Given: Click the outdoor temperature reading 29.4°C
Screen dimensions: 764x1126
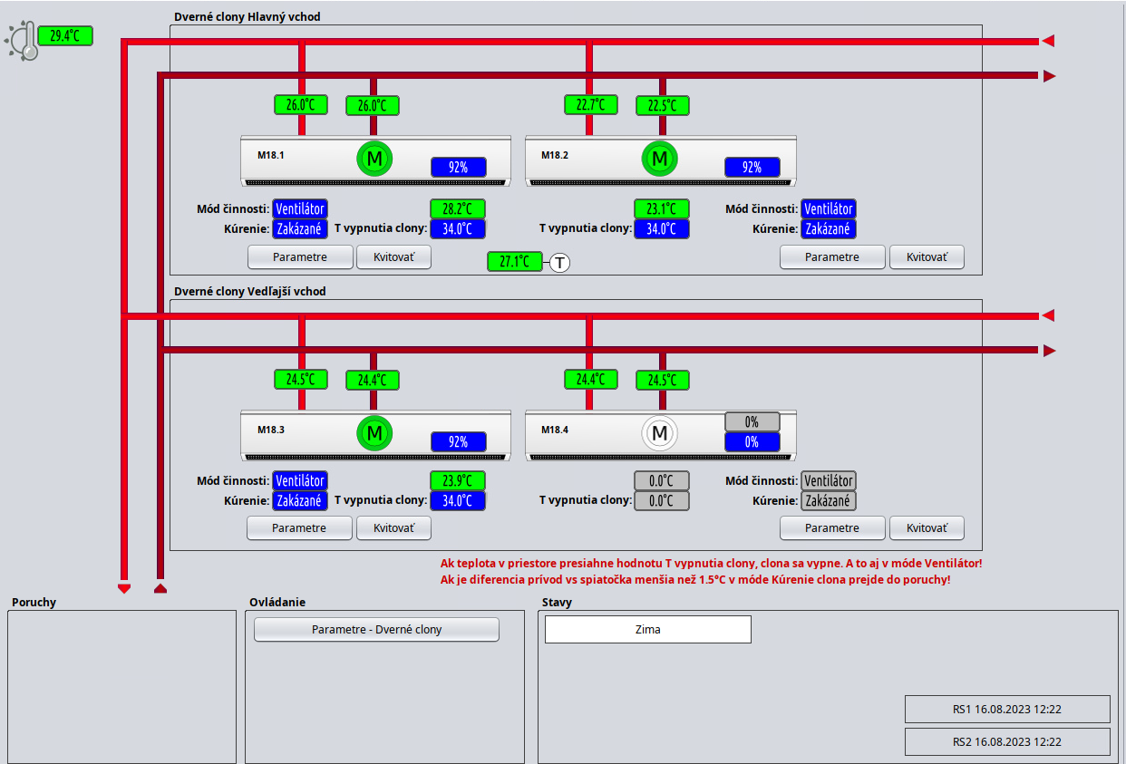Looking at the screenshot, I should click(x=64, y=36).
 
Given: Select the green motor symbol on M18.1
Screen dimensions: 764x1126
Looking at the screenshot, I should click(x=374, y=160).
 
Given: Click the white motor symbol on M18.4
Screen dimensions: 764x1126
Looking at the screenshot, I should click(x=659, y=433).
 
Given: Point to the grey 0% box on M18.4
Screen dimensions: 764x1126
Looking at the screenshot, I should click(x=752, y=422).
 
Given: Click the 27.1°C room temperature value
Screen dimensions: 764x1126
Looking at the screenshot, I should click(x=514, y=262).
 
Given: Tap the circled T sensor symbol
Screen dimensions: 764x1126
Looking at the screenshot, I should click(x=560, y=263).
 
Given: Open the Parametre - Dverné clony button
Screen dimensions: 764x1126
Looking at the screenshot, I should click(x=376, y=629).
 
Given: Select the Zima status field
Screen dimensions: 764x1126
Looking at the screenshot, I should click(x=647, y=629).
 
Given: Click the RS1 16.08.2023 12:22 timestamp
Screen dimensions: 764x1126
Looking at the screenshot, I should click(x=1006, y=709).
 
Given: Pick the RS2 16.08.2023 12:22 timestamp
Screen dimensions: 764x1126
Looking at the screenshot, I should click(x=1006, y=741).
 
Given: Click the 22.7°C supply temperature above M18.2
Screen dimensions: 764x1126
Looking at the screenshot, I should click(x=590, y=105).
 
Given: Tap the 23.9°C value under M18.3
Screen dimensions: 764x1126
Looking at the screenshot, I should click(x=457, y=481).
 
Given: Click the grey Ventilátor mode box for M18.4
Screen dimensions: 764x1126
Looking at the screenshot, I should click(x=828, y=480).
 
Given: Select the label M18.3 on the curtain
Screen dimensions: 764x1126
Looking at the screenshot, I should click(x=271, y=430).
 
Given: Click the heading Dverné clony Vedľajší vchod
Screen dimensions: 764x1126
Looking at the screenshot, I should click(x=249, y=291).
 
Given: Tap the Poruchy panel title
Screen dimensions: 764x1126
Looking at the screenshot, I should click(x=34, y=602).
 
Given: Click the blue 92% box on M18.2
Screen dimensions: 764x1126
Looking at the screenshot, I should click(x=752, y=168).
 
